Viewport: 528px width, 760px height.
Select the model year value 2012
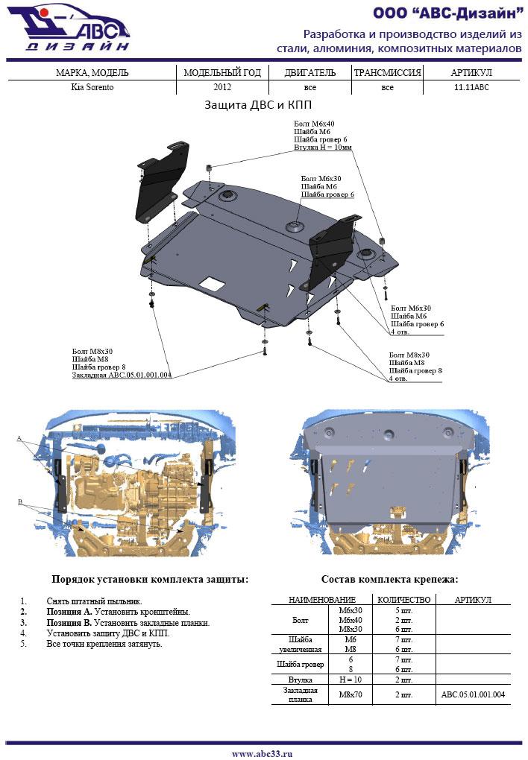(221, 87)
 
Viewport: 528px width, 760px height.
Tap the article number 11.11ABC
(471, 87)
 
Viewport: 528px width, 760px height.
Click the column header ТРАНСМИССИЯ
(387, 73)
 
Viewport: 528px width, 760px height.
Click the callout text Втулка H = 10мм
(322, 148)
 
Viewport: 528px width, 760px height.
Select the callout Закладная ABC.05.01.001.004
(122, 376)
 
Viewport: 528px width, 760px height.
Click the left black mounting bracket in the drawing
(160, 183)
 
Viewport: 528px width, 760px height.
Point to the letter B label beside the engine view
(19, 502)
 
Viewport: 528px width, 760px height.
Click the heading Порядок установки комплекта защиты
(149, 579)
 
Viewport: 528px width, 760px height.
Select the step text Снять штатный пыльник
(94, 601)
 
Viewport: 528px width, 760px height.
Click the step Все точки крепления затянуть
(104, 643)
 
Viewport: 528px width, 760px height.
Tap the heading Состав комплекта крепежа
(389, 579)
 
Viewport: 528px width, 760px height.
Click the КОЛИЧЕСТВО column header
(404, 600)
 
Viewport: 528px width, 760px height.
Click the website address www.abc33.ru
(262, 753)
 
